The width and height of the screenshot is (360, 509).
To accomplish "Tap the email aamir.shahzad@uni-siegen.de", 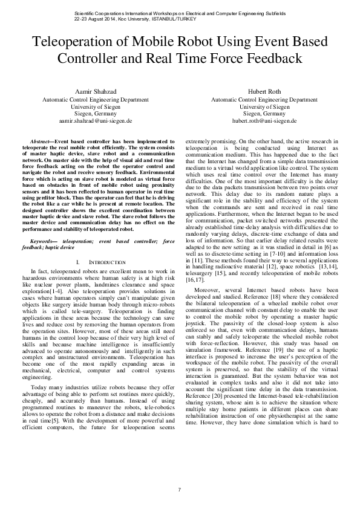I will click(95, 120).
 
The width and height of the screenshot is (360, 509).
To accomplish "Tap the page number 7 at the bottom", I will click(180, 488).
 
